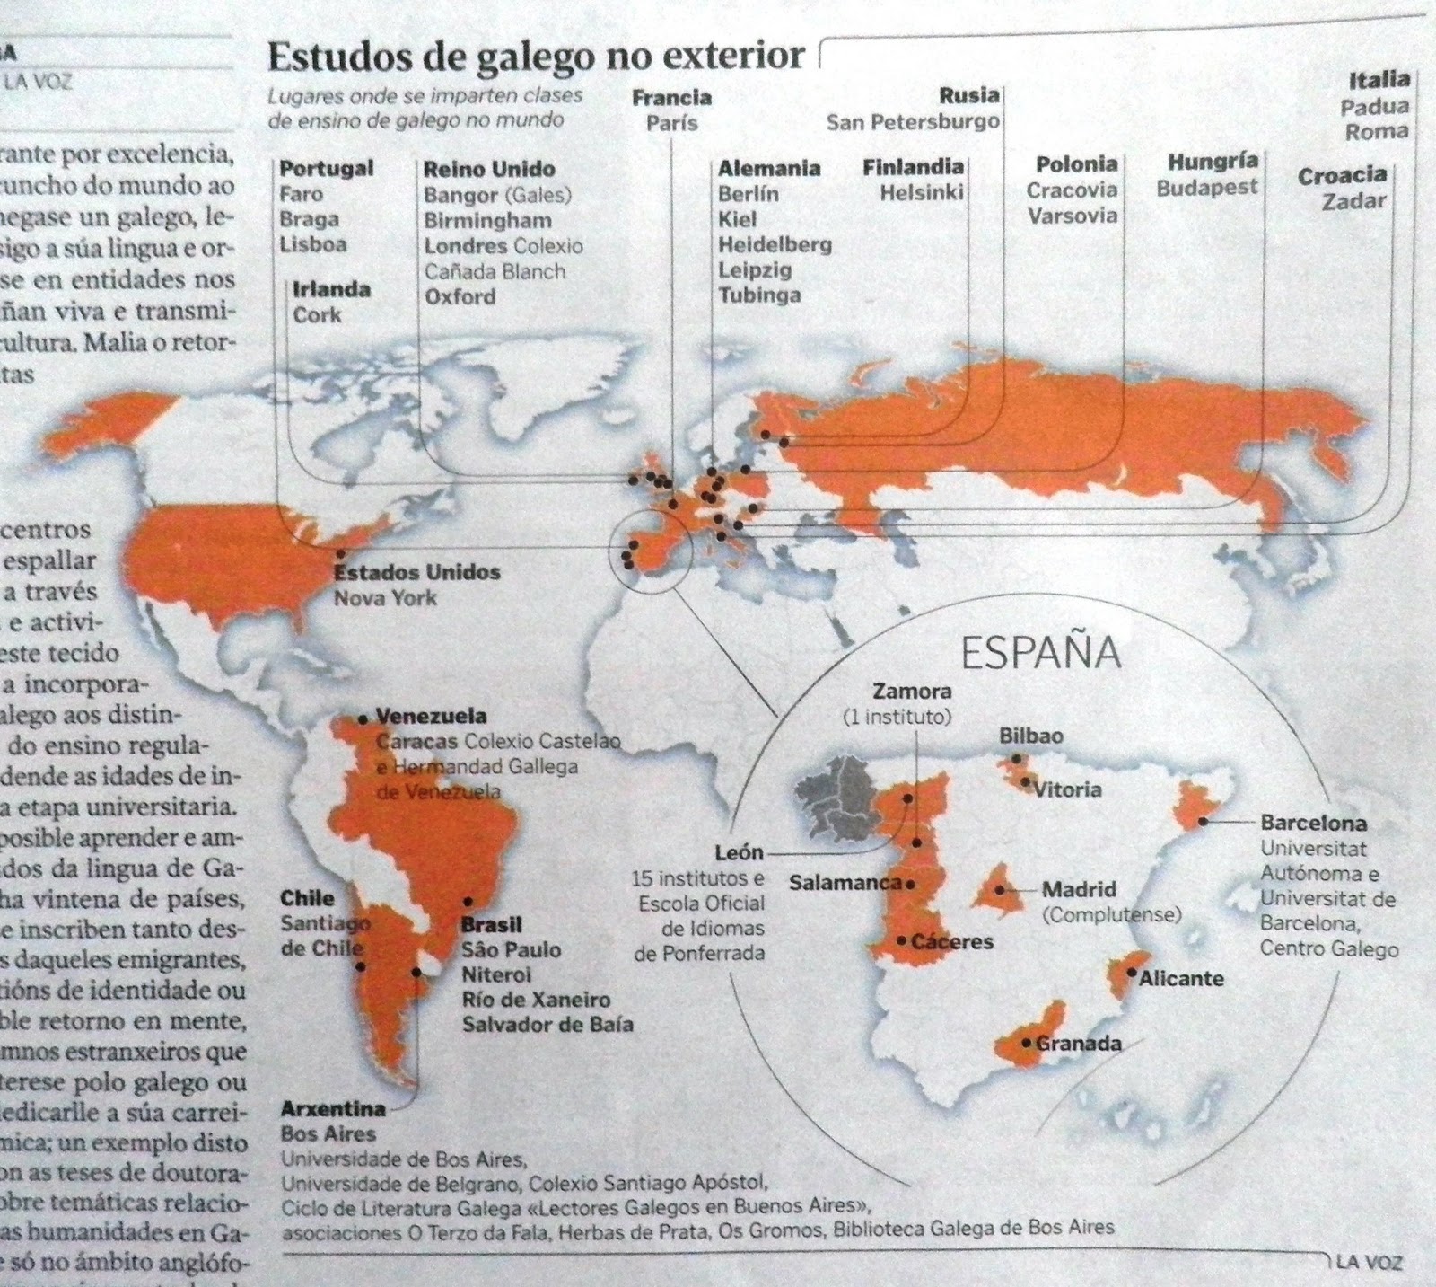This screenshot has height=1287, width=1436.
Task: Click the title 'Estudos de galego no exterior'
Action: pyautogui.click(x=536, y=57)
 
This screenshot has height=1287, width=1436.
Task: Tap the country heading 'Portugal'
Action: pyautogui.click(x=326, y=169)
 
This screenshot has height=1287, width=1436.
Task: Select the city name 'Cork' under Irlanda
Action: pyautogui.click(x=317, y=314)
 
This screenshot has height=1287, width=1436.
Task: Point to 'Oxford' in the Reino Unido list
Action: pyautogui.click(x=460, y=296)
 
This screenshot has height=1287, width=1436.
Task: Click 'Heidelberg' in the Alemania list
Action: pyautogui.click(x=775, y=244)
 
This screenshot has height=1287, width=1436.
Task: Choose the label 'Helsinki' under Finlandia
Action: pyautogui.click(x=921, y=192)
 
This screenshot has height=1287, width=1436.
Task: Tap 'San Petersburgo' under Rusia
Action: pyautogui.click(x=912, y=121)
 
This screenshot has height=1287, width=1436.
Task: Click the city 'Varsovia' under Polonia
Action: pyautogui.click(x=1073, y=216)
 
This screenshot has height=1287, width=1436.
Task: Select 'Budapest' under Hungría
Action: pyautogui.click(x=1207, y=189)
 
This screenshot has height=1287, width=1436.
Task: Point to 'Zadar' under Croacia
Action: pyautogui.click(x=1353, y=200)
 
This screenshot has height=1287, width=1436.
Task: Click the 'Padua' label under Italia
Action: pyautogui.click(x=1374, y=107)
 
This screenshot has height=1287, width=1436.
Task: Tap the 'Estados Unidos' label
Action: pyautogui.click(x=417, y=572)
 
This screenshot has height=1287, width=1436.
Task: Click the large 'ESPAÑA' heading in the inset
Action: pyautogui.click(x=1041, y=653)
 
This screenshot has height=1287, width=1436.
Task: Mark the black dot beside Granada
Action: pyautogui.click(x=1027, y=1043)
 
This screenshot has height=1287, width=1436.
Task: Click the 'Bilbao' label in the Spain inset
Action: pyautogui.click(x=1031, y=736)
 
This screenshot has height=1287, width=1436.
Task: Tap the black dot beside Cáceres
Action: pyautogui.click(x=901, y=940)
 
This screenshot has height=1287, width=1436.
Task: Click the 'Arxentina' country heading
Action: pyautogui.click(x=332, y=1109)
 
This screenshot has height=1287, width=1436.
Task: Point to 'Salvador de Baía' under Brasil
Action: pyautogui.click(x=547, y=1024)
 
